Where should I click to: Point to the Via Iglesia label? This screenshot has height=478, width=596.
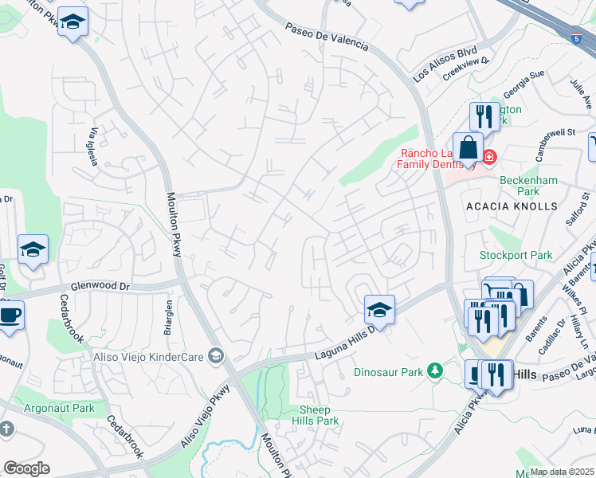(94, 147)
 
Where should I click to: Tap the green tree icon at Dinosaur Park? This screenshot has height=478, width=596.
(434, 370)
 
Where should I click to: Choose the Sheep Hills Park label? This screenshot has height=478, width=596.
(319, 415)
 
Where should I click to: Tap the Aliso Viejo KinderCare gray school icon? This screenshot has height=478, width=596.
(215, 355)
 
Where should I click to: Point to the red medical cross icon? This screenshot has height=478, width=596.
(488, 157)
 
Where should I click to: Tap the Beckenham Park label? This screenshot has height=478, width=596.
(520, 186)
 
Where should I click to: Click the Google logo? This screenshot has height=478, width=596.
(26, 468)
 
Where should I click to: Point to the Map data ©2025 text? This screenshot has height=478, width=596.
(562, 472)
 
